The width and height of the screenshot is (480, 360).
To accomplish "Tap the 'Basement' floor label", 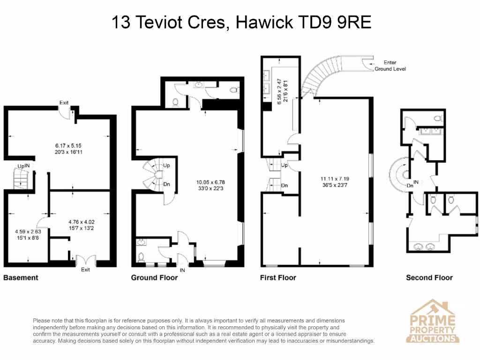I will (x=21, y=277).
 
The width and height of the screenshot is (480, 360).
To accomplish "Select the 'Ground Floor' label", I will (x=154, y=277).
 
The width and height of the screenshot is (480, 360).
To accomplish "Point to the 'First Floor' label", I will (x=278, y=277).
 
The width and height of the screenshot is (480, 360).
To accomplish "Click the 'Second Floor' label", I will (x=429, y=277).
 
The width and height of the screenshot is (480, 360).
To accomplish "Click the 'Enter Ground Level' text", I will (x=390, y=66).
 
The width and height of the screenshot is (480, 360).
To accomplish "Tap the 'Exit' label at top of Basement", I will (x=64, y=102).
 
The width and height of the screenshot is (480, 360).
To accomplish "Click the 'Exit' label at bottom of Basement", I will (x=85, y=270).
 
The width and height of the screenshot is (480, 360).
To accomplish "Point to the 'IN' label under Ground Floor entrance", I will (x=182, y=270).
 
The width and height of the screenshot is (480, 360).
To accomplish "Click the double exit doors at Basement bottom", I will (x=85, y=260).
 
